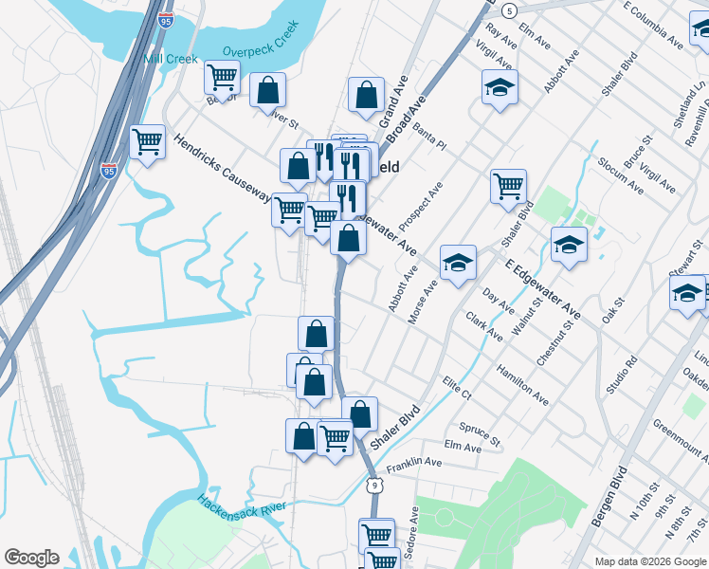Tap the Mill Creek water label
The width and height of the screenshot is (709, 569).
pyautogui.click(x=171, y=59)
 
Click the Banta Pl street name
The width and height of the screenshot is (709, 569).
pyautogui.click(x=429, y=138)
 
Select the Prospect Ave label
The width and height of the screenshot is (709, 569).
pyautogui.click(x=421, y=207)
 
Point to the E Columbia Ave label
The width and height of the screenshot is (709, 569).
pyautogui.click(x=653, y=25)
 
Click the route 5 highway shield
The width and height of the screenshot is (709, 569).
pyautogui.click(x=510, y=10)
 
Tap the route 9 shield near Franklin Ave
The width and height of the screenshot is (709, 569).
pyautogui.click(x=374, y=486)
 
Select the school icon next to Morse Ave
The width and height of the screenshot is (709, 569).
pyautogui.click(x=458, y=262)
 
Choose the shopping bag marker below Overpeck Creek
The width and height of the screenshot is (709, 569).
pyautogui.click(x=268, y=90)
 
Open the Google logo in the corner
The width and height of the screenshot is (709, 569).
pyautogui.click(x=31, y=558)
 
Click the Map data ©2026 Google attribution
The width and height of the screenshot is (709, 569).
pyautogui.click(x=651, y=561)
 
